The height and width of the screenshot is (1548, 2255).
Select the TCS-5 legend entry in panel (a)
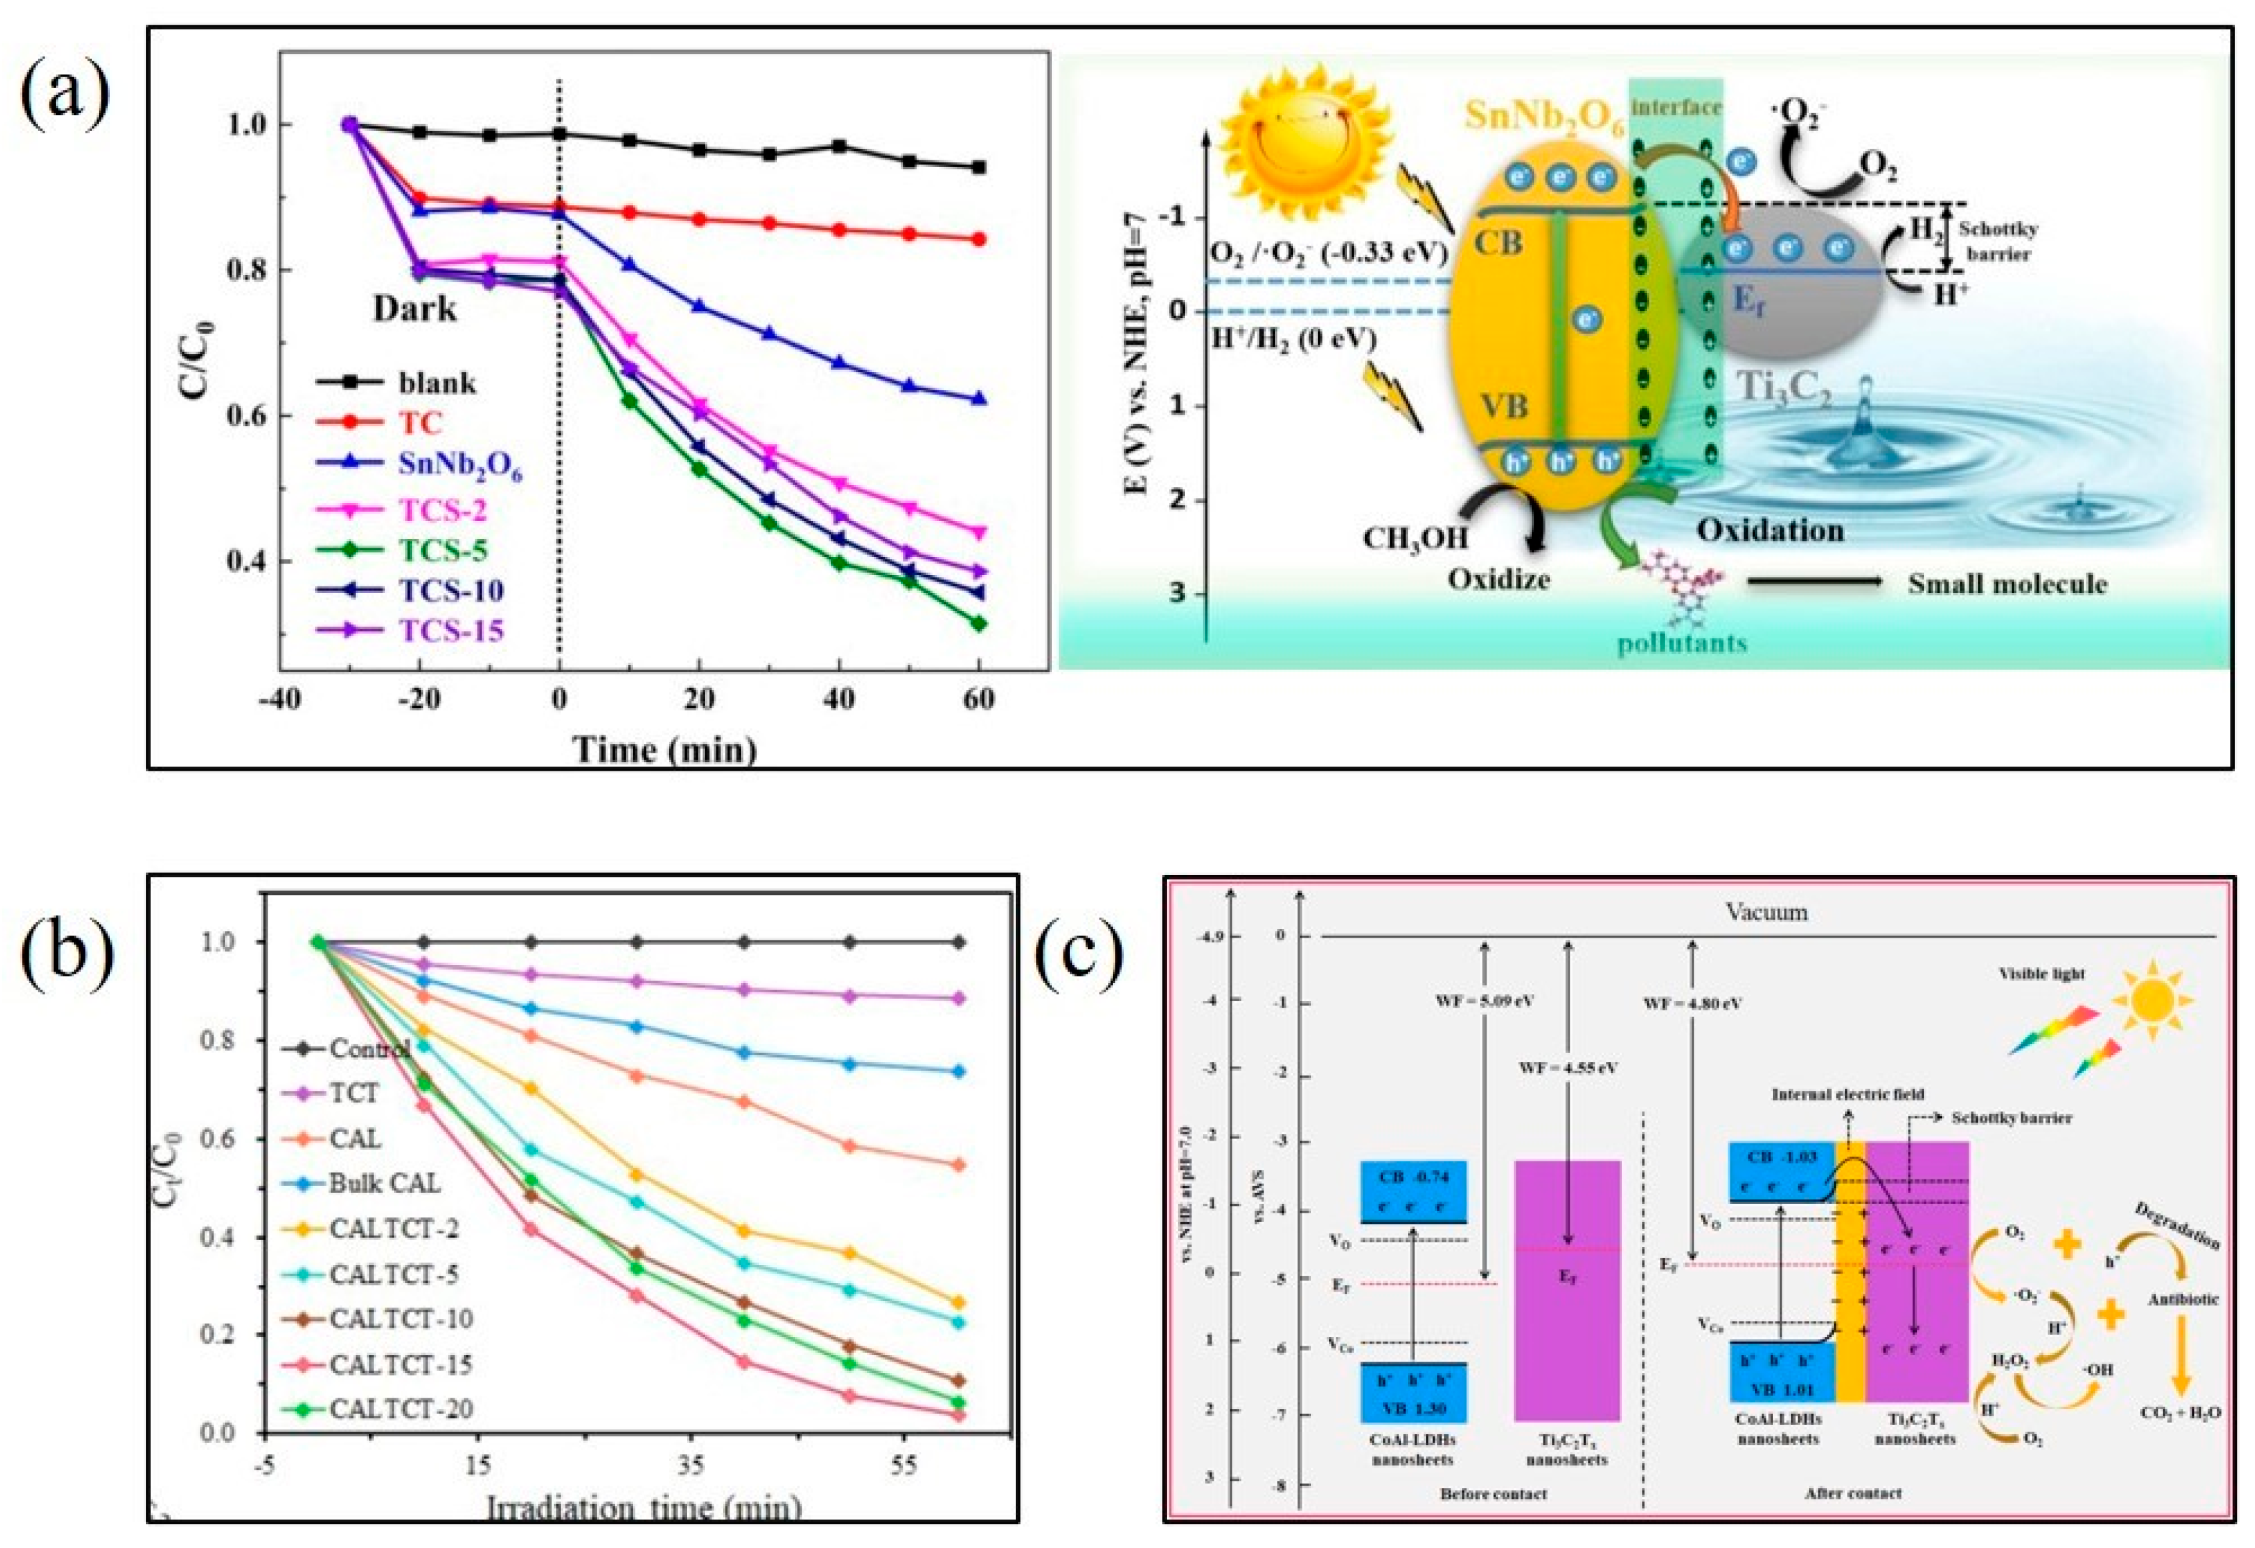pyautogui.click(x=441, y=550)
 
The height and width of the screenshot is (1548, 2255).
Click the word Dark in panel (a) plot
pyautogui.click(x=415, y=309)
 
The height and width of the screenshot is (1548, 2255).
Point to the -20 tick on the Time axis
pyautogui.click(x=418, y=700)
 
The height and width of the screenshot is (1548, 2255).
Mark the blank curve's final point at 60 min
pyautogui.click(x=979, y=167)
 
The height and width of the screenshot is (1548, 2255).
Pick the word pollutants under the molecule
pyautogui.click(x=1682, y=642)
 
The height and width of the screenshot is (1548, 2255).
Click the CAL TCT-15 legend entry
pyautogui.click(x=400, y=1364)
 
